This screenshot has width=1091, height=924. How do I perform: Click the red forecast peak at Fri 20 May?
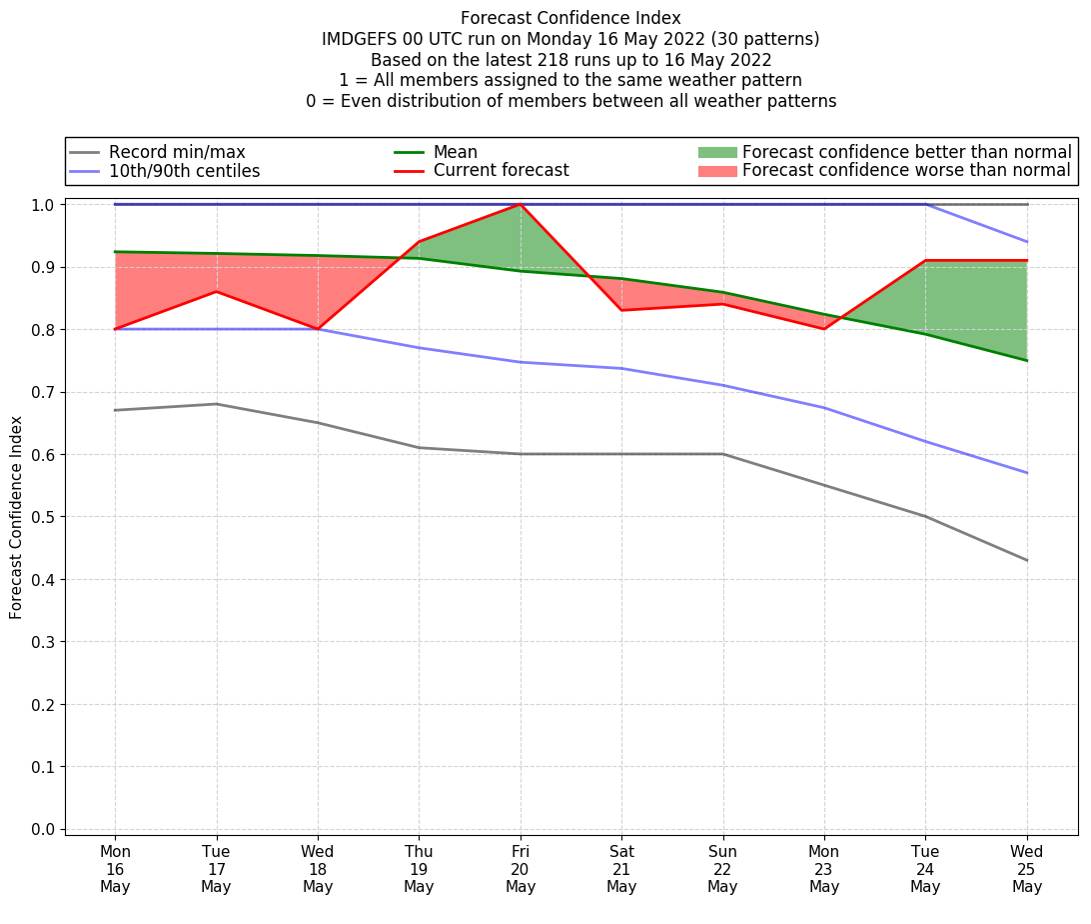[x=521, y=204]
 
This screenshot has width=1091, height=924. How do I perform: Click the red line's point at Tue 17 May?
[x=217, y=291]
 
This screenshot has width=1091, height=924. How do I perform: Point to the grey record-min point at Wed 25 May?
[x=1027, y=560]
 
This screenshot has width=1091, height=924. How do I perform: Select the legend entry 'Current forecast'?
[x=501, y=171]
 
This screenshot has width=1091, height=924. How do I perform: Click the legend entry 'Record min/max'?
[x=177, y=152]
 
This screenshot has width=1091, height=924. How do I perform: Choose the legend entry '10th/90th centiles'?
[x=184, y=171]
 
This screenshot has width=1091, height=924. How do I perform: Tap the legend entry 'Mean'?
[x=455, y=152]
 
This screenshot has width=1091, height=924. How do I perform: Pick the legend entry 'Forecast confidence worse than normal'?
[x=906, y=171]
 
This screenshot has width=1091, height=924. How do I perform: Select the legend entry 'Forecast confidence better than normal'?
[x=906, y=152]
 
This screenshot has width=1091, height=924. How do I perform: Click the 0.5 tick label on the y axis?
[x=44, y=517]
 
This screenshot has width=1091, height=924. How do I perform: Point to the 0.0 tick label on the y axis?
[x=44, y=829]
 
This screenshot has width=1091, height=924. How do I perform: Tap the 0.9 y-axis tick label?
[x=44, y=267]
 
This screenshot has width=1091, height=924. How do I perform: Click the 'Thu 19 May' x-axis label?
[x=419, y=869]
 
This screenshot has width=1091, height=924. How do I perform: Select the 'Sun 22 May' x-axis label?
[x=722, y=869]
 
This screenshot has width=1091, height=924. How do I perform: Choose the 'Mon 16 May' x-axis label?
[x=115, y=869]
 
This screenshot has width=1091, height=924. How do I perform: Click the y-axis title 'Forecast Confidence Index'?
[x=17, y=517]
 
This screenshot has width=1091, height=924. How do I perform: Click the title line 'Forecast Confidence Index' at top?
[x=570, y=18]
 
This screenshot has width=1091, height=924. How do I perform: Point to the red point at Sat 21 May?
[x=621, y=310]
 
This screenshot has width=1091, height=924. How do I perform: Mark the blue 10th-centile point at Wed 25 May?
[x=1027, y=473]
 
